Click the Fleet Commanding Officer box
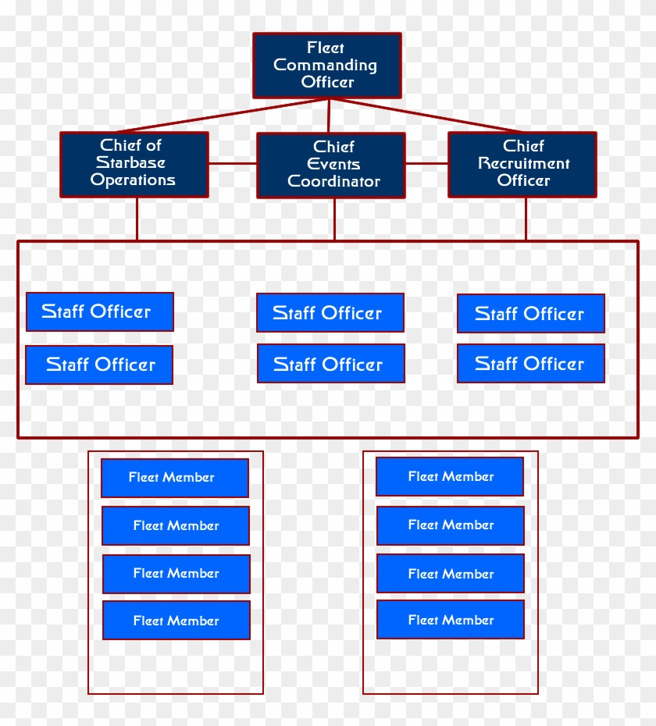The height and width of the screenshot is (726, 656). [326, 66]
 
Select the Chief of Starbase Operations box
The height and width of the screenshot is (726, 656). [134, 164]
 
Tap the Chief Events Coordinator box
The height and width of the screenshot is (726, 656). [330, 165]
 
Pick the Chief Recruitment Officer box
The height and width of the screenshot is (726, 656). [522, 164]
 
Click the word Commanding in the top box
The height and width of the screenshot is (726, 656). [325, 66]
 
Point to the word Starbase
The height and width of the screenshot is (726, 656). [130, 162]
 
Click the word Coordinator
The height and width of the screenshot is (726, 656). [333, 182]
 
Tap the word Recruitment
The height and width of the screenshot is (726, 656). [523, 163]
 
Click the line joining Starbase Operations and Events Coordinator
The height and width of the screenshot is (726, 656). [232, 163]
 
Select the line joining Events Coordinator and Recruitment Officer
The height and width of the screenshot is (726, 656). [426, 164]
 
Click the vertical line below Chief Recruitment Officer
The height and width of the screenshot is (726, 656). [526, 218]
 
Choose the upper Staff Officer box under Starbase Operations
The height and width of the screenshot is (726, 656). [99, 311]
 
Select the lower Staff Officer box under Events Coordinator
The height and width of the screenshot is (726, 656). [330, 364]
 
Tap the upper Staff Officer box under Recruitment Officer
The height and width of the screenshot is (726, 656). [530, 313]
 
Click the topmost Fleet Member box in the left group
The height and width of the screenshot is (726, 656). [174, 478]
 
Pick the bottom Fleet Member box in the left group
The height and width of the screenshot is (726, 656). [176, 621]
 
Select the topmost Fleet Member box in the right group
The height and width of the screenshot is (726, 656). [449, 476]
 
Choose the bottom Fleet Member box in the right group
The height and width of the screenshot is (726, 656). [450, 620]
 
